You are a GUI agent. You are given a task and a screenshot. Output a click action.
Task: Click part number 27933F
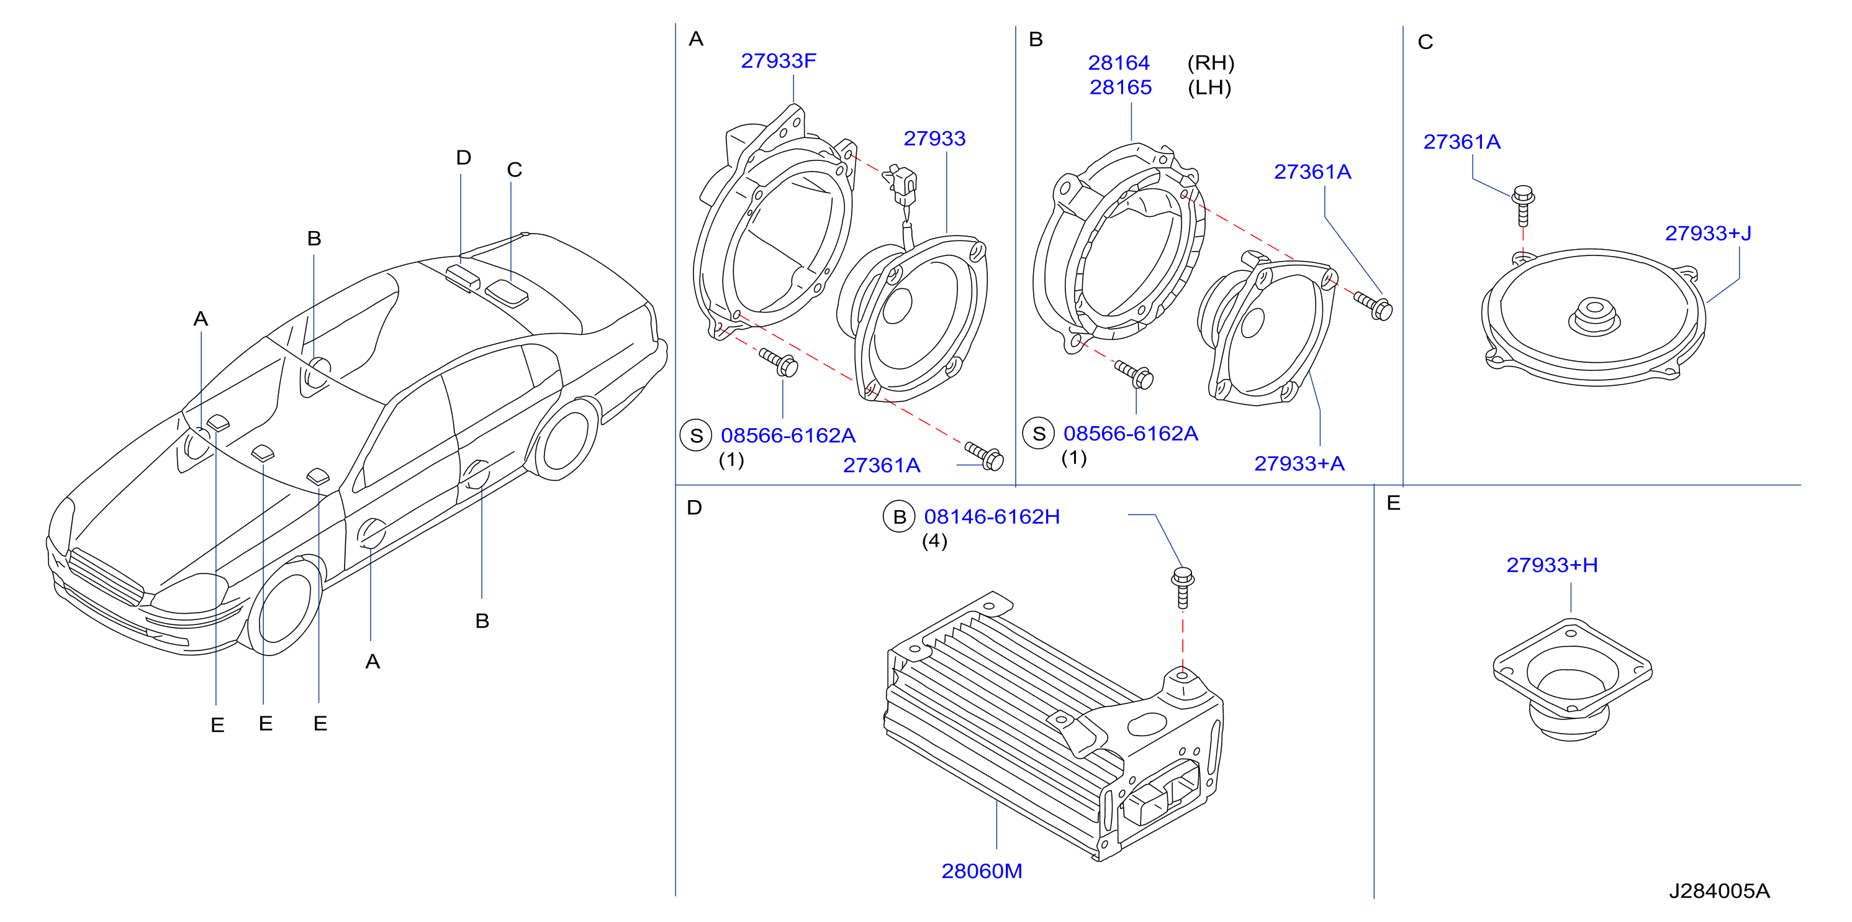coord(778,61)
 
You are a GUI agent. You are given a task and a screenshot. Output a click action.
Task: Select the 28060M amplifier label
coord(982,871)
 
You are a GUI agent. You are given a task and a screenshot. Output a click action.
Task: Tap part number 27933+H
coord(1552,565)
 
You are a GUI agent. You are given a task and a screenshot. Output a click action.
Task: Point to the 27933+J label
coord(1707,233)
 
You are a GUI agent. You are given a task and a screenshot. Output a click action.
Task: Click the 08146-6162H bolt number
coord(991,516)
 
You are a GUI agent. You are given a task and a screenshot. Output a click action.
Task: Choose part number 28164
coord(1119,63)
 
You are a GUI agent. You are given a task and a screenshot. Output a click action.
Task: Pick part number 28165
coord(1120,88)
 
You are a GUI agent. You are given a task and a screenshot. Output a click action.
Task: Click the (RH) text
coord(1211,63)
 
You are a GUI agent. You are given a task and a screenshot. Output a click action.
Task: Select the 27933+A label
coord(1299,464)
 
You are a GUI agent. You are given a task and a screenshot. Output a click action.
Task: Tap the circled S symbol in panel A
coord(696,436)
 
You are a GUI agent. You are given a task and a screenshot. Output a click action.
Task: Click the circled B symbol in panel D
coord(900,517)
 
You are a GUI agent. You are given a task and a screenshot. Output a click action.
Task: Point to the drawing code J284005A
coord(1719,891)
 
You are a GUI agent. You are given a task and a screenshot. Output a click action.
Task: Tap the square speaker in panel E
coord(1571,680)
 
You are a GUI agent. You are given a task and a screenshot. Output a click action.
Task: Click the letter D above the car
coord(464,158)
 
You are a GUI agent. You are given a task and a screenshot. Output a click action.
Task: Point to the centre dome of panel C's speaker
coord(1593,316)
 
